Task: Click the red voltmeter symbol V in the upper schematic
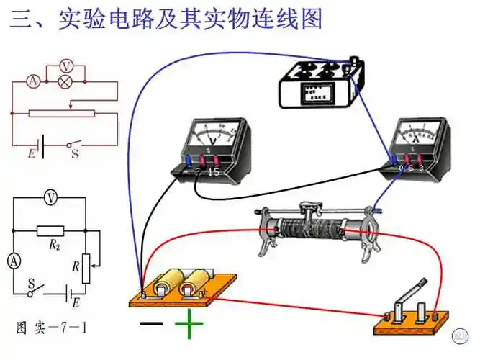tap(65, 66)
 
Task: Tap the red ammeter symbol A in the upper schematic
tap(32, 83)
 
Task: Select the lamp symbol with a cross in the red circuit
tap(65, 83)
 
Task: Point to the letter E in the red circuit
tap(31, 153)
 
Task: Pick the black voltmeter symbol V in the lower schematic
tap(49, 197)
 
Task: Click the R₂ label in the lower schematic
tap(53, 245)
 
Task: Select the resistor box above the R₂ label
tap(50, 231)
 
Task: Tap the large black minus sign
tap(151, 324)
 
